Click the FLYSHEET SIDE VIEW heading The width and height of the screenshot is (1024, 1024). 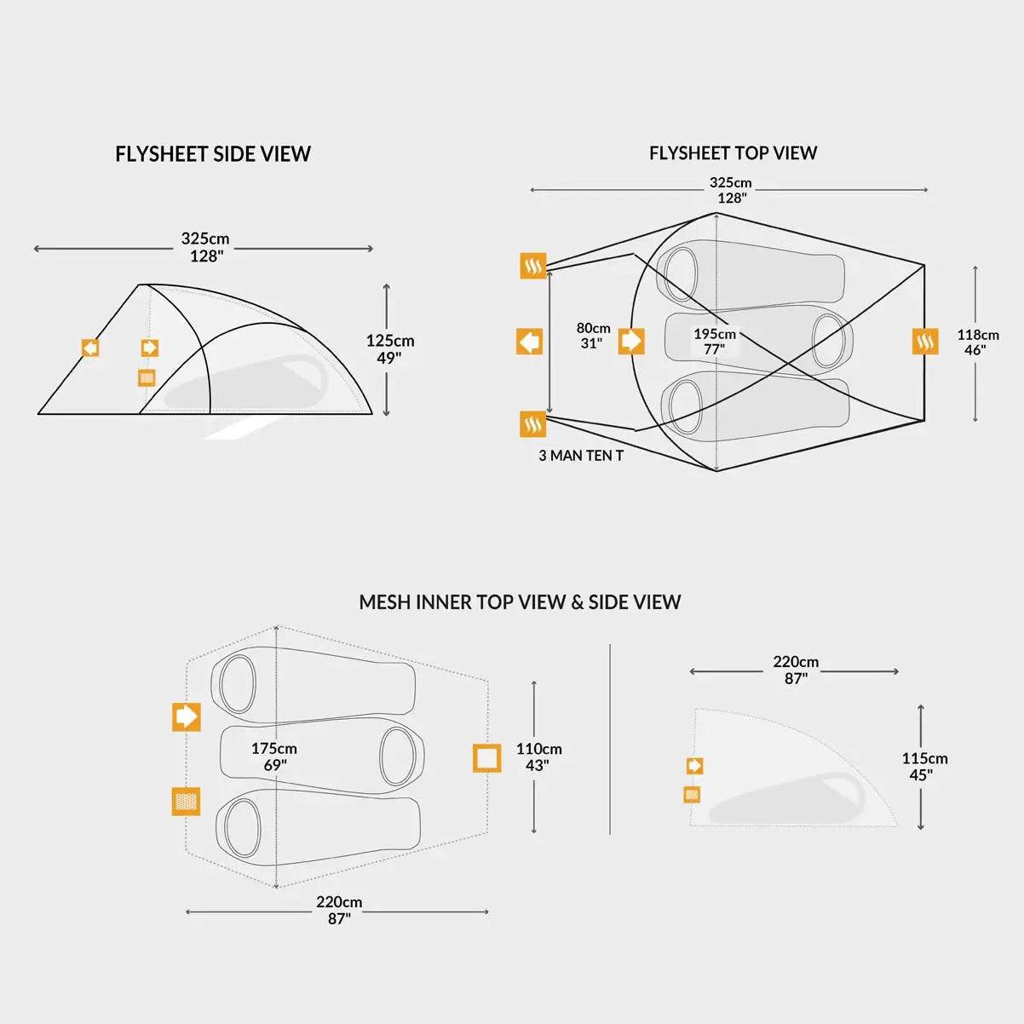pyautogui.click(x=213, y=154)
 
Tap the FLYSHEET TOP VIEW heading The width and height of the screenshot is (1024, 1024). pyautogui.click(x=733, y=153)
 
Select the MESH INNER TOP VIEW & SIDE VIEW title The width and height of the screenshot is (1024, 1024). pyautogui.click(x=520, y=602)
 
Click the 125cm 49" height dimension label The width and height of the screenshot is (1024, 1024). pyautogui.click(x=390, y=349)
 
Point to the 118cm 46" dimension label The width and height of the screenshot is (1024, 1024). pyautogui.click(x=977, y=342)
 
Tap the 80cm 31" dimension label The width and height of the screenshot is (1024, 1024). pyautogui.click(x=593, y=336)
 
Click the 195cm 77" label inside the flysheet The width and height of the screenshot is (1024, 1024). pyautogui.click(x=714, y=342)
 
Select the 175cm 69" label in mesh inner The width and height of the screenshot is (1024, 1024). pyautogui.click(x=273, y=756)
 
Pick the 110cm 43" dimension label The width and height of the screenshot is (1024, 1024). pyautogui.click(x=538, y=757)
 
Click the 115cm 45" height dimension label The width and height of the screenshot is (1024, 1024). pyautogui.click(x=924, y=767)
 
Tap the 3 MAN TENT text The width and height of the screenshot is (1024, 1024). pyautogui.click(x=581, y=456)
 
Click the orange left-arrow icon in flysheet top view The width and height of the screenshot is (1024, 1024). pyautogui.click(x=530, y=342)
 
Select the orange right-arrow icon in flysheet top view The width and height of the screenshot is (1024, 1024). pyautogui.click(x=631, y=342)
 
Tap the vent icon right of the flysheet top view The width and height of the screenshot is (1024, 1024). pyautogui.click(x=925, y=342)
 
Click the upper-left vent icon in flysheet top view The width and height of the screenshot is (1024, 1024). pyautogui.click(x=533, y=266)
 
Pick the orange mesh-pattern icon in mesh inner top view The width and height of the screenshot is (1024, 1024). pyautogui.click(x=186, y=801)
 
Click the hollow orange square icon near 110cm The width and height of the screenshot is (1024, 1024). pyautogui.click(x=487, y=757)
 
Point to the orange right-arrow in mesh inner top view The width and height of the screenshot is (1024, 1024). pyautogui.click(x=186, y=716)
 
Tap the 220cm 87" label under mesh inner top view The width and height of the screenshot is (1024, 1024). pyautogui.click(x=339, y=910)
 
